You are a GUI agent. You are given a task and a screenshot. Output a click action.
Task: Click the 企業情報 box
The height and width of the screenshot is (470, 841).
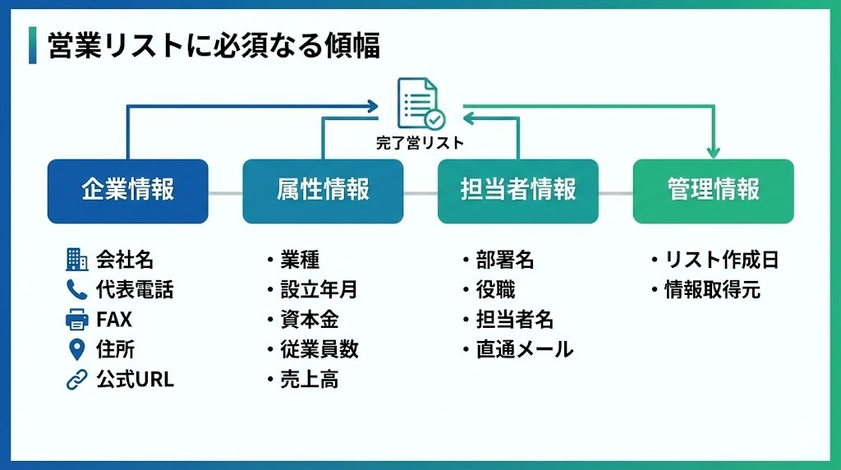click(127, 191)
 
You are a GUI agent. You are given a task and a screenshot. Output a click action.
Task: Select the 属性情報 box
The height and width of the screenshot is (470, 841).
click(323, 191)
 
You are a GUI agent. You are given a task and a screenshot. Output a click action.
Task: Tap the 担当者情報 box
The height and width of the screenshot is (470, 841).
click(517, 191)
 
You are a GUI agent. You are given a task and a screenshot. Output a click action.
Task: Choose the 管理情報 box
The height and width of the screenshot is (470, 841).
click(713, 191)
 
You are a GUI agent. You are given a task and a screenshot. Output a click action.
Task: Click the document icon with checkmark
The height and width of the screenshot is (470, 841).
click(419, 104)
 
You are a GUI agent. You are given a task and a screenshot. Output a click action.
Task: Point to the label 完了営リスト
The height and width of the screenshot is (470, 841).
click(420, 143)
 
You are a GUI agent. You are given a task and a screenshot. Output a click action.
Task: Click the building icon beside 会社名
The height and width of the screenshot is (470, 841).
click(76, 260)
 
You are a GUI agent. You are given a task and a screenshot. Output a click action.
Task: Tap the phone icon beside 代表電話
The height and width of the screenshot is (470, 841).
click(76, 289)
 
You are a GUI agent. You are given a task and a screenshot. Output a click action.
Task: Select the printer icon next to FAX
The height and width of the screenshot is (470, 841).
click(76, 320)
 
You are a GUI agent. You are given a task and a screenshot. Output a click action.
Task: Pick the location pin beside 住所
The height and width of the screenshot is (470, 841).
click(76, 349)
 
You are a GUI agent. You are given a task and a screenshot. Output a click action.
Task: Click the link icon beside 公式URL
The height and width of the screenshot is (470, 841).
click(76, 380)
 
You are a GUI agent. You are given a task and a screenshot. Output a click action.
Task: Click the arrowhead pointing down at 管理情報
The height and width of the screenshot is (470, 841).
click(713, 151)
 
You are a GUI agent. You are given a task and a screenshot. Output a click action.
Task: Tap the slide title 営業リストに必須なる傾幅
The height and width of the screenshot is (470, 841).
click(214, 46)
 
